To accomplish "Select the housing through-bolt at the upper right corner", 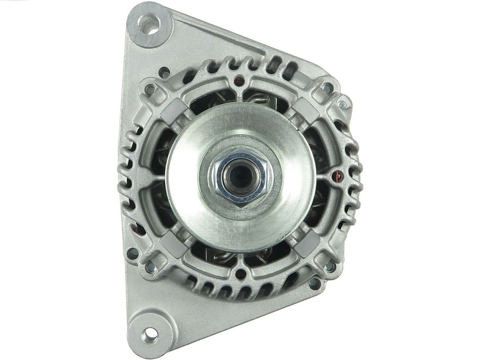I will pos(328,88).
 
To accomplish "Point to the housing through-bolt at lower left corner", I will pos(150,267).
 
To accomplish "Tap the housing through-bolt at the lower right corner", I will pos(330,267).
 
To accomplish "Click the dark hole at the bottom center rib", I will pos(240,274).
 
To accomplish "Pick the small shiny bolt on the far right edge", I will pos(341,105).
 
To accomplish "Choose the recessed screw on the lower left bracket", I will pos(132,254).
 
